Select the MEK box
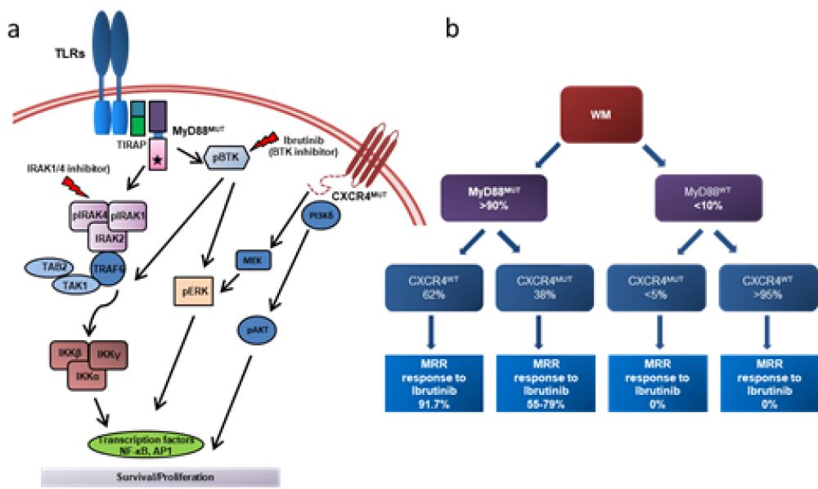click(250, 261)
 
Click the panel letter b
click(455, 31)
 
